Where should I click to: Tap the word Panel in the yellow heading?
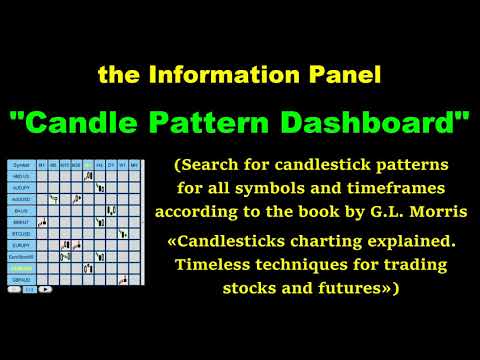point(348,74)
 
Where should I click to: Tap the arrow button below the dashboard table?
point(44,289)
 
